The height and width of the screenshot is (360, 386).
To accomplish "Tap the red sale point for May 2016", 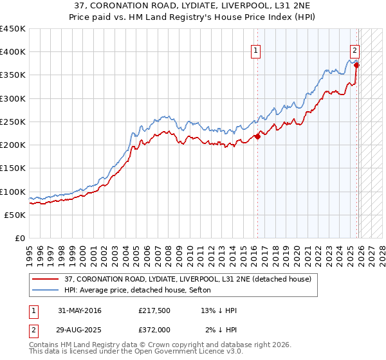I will pos(258,136).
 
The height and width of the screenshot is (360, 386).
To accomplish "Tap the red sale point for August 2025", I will pos(356,65).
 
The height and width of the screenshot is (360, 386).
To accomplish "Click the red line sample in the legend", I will pos(46,279).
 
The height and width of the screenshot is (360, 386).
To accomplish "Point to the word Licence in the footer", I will pos(196,353).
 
